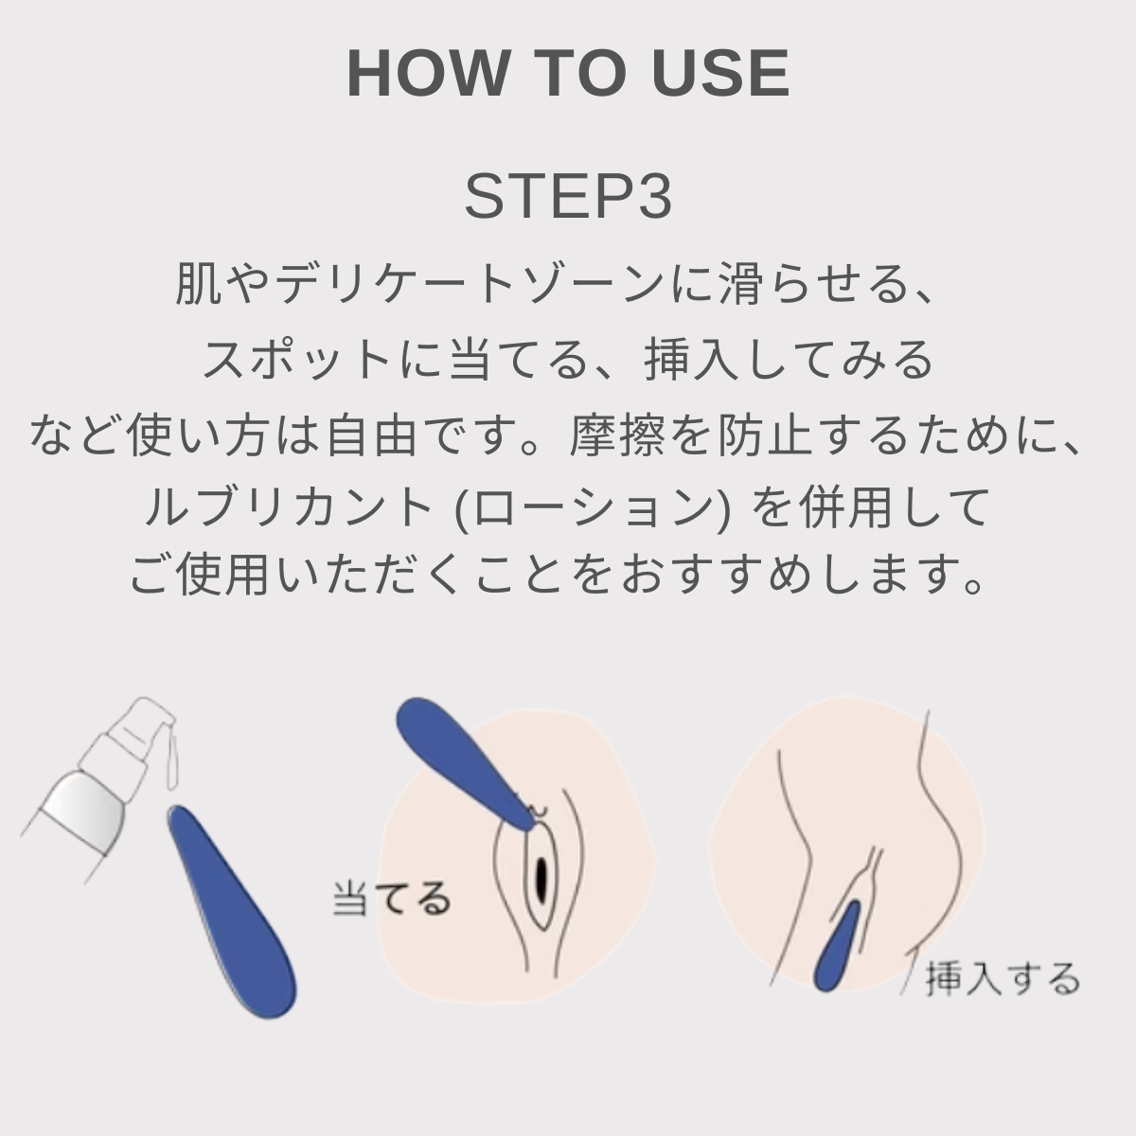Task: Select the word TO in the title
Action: tap(581, 73)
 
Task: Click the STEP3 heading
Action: tap(568, 196)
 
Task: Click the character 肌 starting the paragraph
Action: tap(199, 285)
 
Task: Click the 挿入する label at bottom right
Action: tap(1002, 978)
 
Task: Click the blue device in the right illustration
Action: tap(837, 948)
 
